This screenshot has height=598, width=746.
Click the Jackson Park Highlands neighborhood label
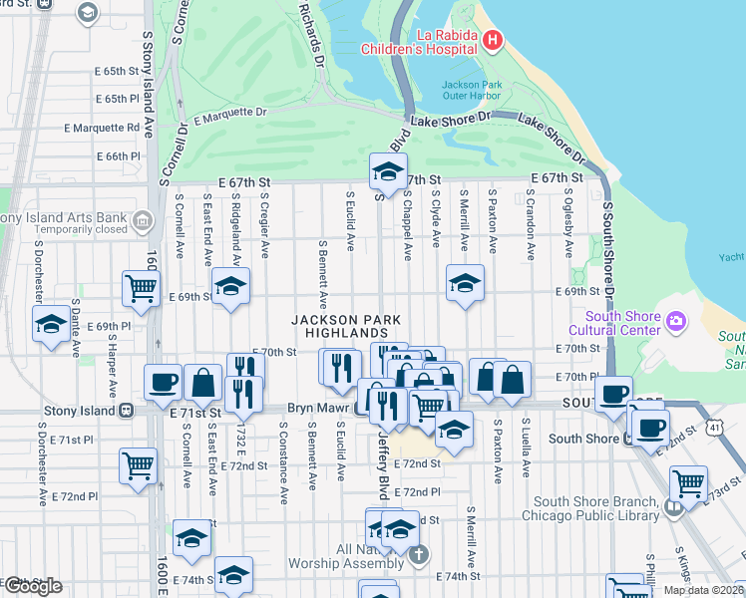(346, 326)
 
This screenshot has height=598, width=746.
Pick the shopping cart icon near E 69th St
(141, 287)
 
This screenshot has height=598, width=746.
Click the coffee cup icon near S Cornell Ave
(163, 381)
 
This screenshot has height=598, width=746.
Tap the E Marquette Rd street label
(102, 128)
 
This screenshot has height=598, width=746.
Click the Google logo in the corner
(32, 585)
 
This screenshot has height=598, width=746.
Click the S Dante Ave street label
(75, 335)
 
